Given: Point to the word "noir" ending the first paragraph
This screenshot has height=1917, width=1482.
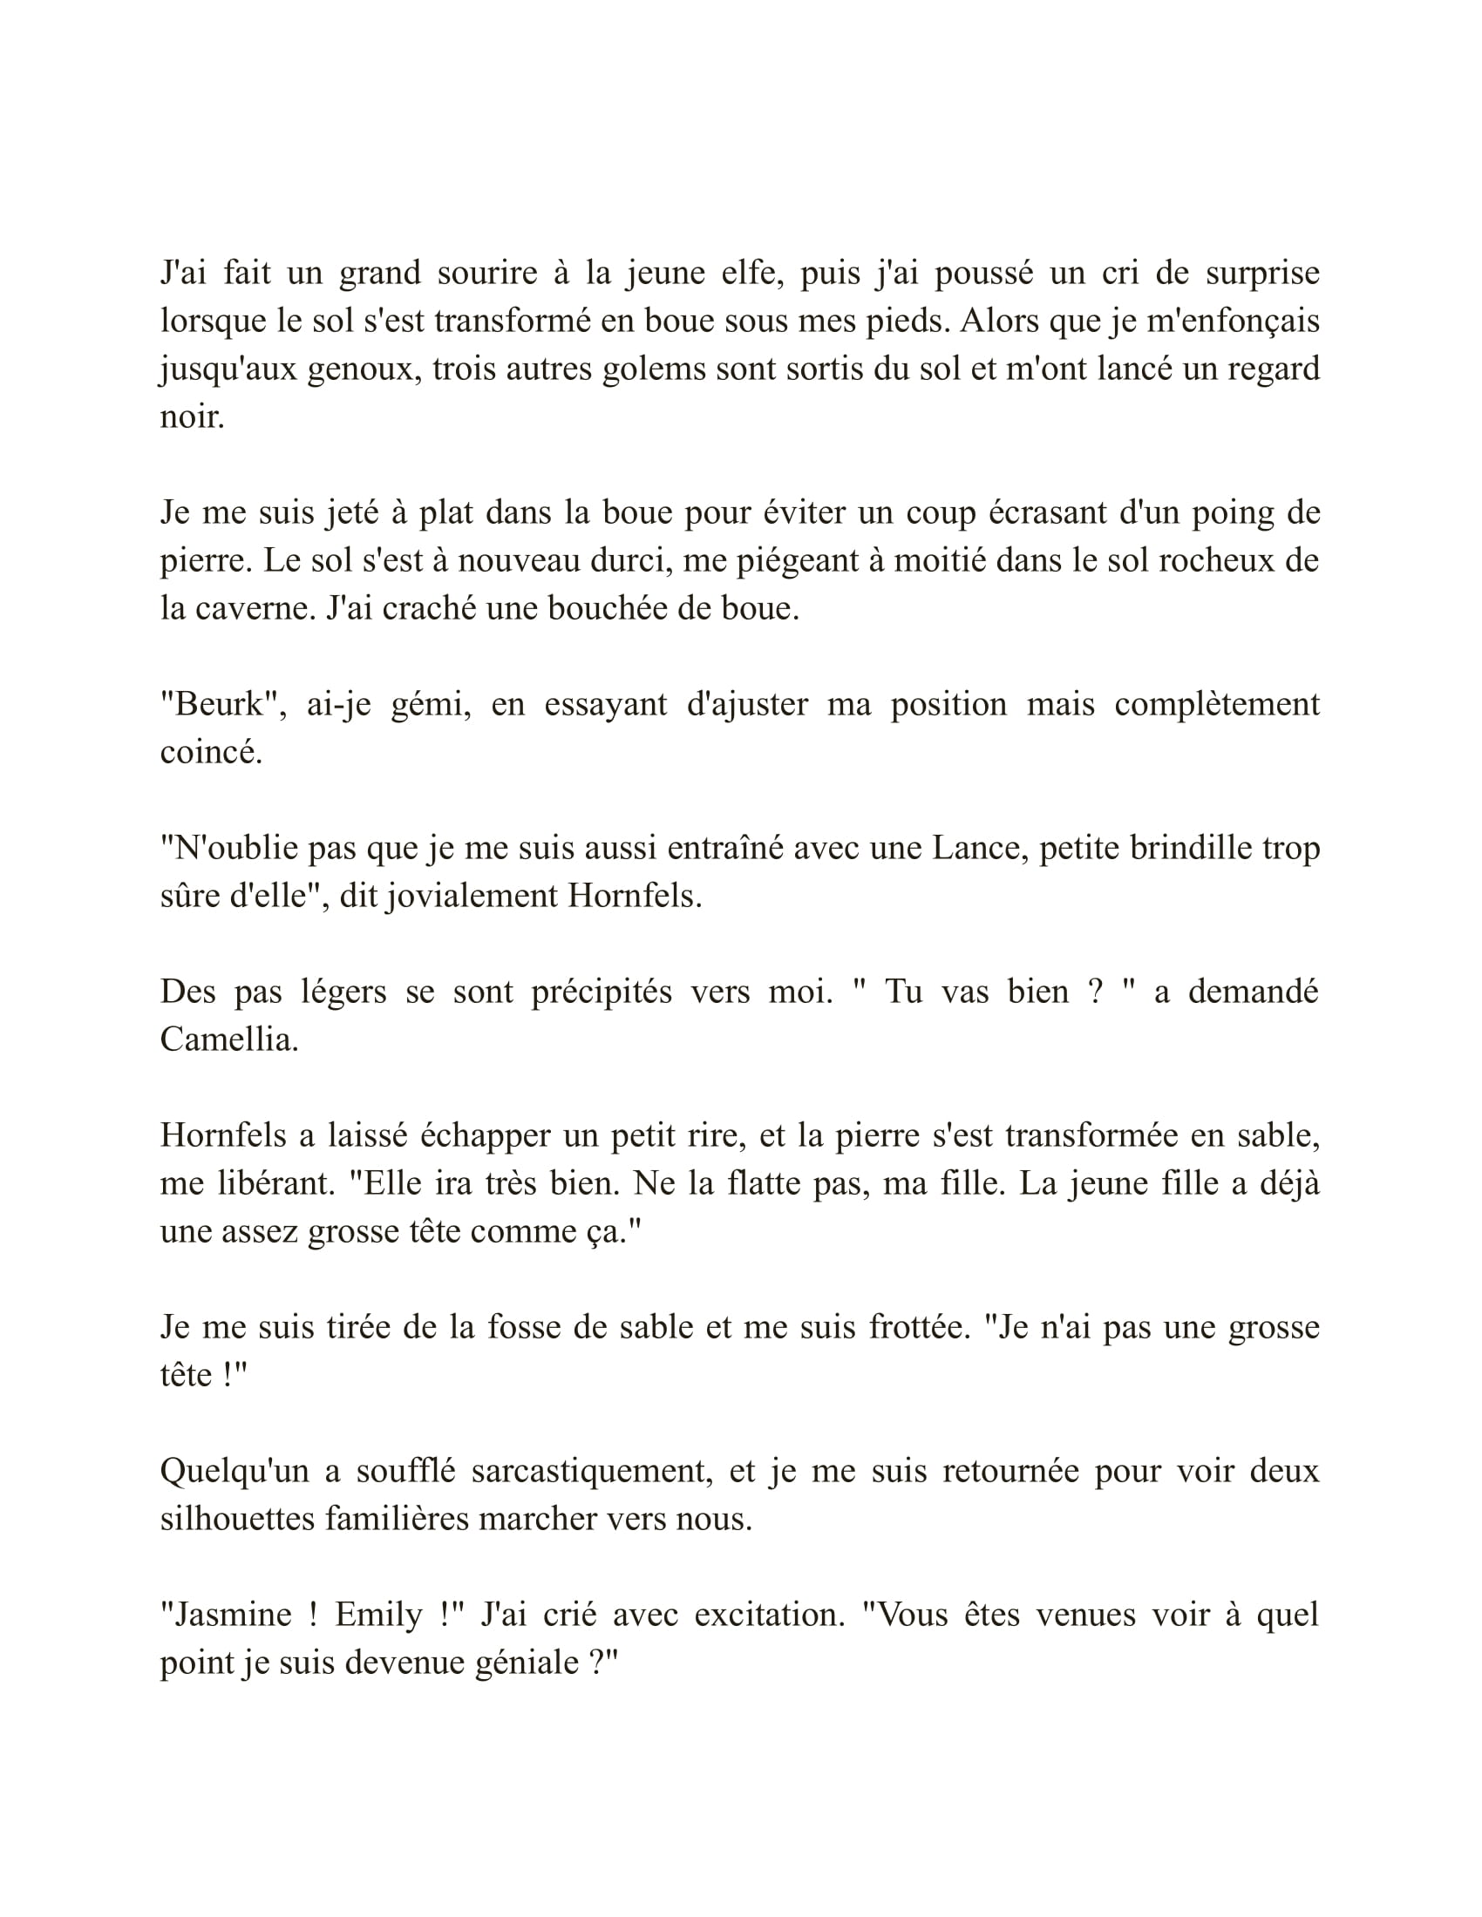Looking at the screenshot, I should pyautogui.click(x=192, y=416).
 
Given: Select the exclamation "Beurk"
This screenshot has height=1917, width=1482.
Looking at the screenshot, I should pyautogui.click(x=221, y=704).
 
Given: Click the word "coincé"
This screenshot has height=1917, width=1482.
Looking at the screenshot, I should pyautogui.click(x=211, y=752).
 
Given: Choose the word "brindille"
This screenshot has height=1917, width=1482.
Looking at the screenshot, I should pyautogui.click(x=1147, y=848).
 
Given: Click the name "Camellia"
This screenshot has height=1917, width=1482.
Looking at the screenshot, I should pyautogui.click(x=228, y=1040).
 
